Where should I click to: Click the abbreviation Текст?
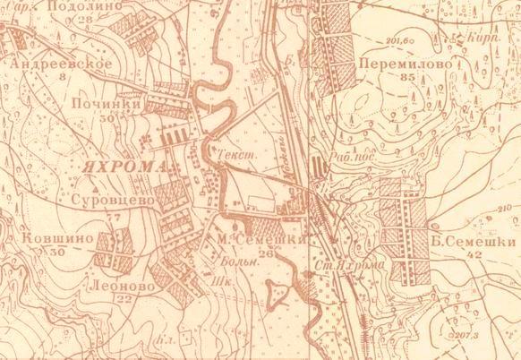coord(231,154)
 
